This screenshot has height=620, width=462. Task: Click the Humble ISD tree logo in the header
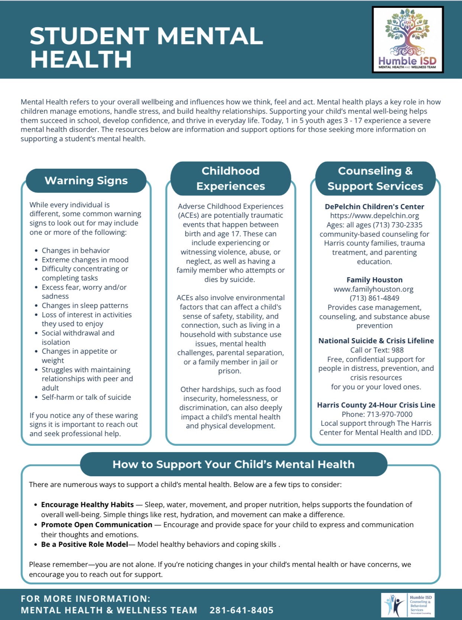[408, 39]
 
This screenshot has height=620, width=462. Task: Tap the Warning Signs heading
[86, 181]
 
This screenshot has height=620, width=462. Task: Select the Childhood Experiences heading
[230, 178]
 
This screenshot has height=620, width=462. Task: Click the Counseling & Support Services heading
[375, 178]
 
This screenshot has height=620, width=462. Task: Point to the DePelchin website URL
[374, 215]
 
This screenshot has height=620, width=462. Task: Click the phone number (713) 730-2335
[400, 225]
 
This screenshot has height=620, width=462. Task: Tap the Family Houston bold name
[374, 280]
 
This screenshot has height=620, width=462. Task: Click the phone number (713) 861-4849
[374, 298]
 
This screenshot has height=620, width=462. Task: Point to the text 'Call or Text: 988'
[377, 350]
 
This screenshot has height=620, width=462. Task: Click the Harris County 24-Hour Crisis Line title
[376, 405]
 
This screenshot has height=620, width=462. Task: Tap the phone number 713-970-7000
[389, 414]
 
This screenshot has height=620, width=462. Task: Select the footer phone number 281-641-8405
[242, 610]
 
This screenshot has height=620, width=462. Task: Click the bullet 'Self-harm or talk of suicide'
[86, 397]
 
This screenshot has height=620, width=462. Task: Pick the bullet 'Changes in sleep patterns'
[85, 305]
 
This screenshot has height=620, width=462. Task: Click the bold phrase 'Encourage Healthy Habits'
[87, 504]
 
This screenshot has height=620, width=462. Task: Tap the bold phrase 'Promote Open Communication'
[97, 525]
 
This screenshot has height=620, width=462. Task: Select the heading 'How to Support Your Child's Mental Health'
[233, 464]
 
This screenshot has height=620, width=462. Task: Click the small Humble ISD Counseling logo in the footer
[408, 605]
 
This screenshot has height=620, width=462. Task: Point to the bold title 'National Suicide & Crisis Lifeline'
[376, 341]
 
